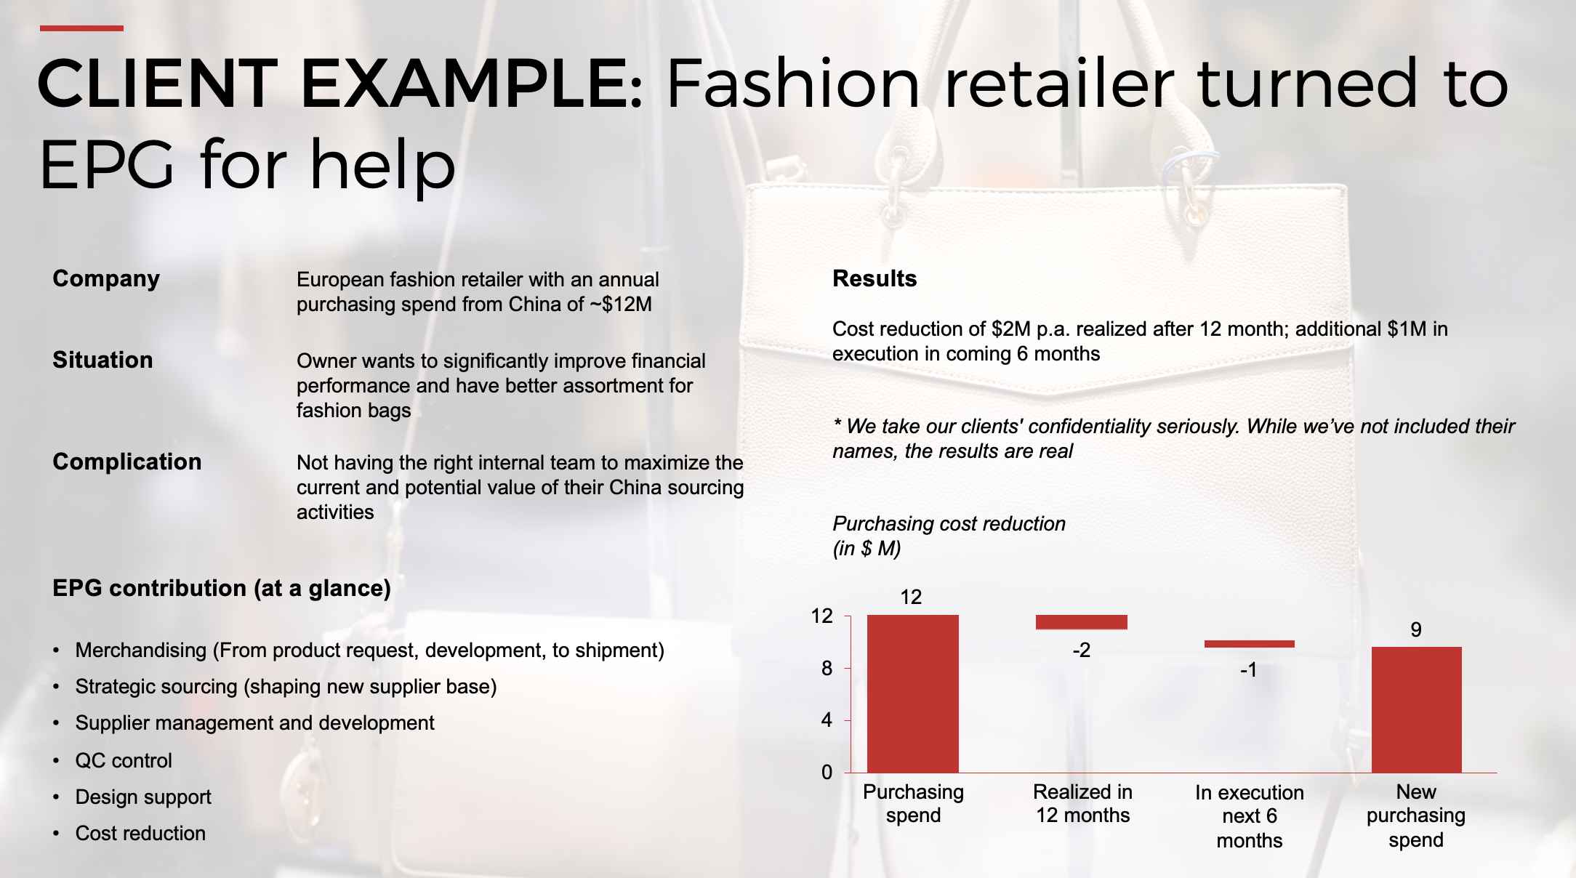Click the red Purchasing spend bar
coord(913,693)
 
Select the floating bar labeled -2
coord(1082,622)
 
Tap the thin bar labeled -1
coord(1250,644)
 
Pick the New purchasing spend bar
coord(1417,709)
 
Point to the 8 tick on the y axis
coord(827,669)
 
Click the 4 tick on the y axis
coord(827,720)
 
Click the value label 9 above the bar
coord(1416,629)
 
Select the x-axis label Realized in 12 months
coord(1082,803)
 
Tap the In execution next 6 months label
coord(1250,816)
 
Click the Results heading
coord(875,278)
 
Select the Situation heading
coord(102,360)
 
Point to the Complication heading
coord(127,462)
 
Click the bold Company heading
coord(106,279)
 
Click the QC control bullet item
coord(124,760)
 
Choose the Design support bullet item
coord(143,797)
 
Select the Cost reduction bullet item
coord(140,833)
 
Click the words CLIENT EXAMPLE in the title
coord(340,84)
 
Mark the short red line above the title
coord(81,28)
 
